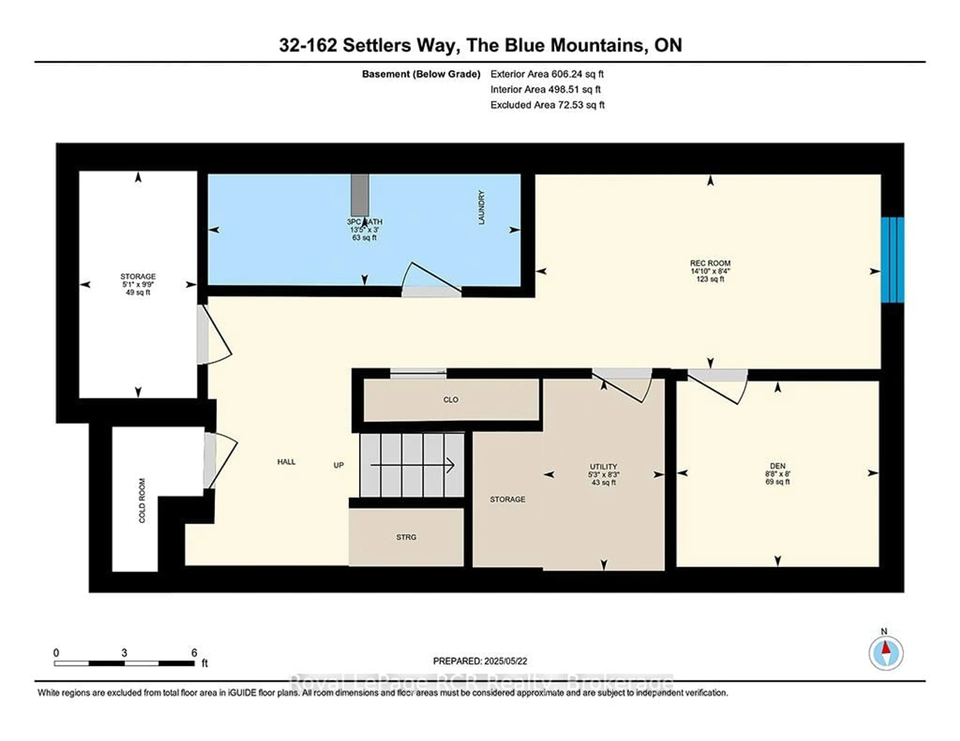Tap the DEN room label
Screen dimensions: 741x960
(777, 466)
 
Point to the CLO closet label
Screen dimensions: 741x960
(450, 400)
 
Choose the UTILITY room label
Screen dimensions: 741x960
(603, 466)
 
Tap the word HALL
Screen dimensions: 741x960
(286, 462)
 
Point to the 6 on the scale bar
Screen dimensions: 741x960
(194, 653)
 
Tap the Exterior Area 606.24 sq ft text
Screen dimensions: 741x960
(547, 74)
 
